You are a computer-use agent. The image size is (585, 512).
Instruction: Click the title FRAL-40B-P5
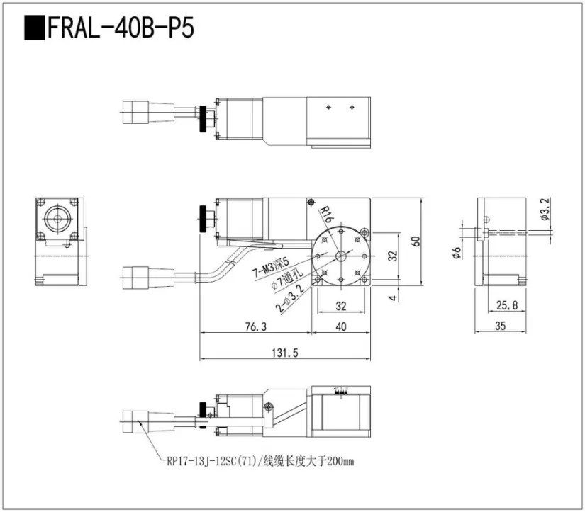[120, 28]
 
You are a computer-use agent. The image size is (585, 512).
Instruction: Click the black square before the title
[33, 28]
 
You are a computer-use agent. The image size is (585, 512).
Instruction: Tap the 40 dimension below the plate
[340, 326]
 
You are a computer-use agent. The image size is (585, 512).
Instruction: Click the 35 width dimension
[501, 326]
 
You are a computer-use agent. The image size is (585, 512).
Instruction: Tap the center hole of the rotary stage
[340, 256]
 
